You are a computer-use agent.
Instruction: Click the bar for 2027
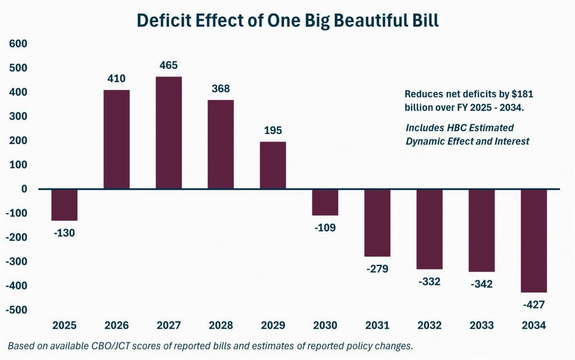click(x=168, y=133)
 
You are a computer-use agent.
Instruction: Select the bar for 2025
click(x=64, y=205)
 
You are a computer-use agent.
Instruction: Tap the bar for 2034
click(x=533, y=240)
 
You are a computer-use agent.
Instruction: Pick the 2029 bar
click(x=273, y=165)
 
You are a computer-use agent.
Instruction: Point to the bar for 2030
click(x=325, y=202)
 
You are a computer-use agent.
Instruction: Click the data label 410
click(x=116, y=79)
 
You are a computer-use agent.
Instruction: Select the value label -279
click(x=377, y=269)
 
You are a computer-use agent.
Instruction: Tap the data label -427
click(x=533, y=304)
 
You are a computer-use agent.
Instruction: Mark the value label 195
click(x=273, y=130)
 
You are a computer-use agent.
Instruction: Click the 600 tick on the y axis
click(x=18, y=44)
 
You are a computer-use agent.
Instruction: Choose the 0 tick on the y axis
click(x=23, y=189)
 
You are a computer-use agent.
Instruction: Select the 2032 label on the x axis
click(x=429, y=326)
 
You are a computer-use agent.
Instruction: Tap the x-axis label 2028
click(x=221, y=326)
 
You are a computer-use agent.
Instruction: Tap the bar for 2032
click(x=429, y=229)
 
